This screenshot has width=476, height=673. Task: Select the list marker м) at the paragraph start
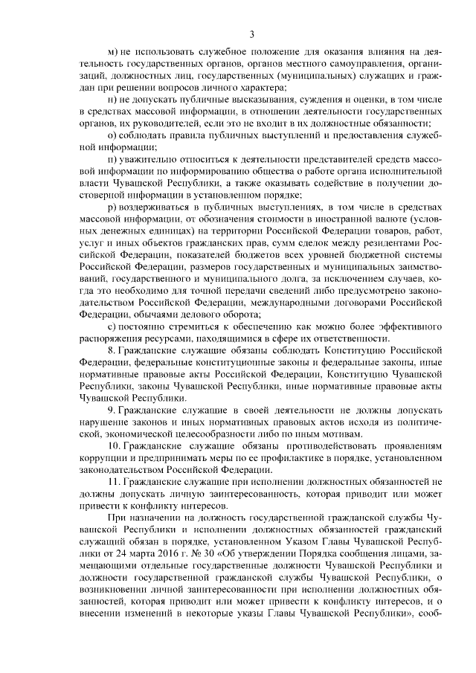[113, 52]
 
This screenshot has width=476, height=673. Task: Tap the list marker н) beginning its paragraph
[113, 99]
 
